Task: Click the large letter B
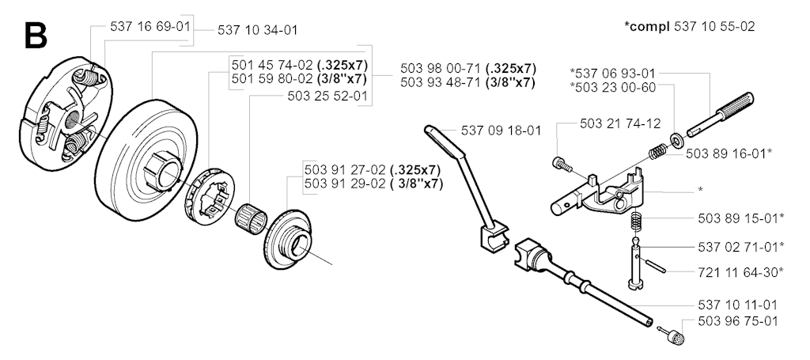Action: point(36,35)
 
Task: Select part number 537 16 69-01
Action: point(150,26)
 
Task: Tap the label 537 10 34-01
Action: point(257,30)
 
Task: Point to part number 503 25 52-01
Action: point(327,96)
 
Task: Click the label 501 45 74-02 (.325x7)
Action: point(298,65)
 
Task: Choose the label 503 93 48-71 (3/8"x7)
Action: point(467,82)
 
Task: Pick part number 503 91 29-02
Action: point(345,184)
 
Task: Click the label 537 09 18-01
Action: point(501,131)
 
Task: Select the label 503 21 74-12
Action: point(620,124)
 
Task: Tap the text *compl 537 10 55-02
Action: point(690,26)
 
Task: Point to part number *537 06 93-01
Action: point(613,73)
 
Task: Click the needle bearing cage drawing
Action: point(250,218)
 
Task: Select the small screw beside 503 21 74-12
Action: point(562,165)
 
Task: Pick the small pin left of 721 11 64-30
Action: point(653,265)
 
